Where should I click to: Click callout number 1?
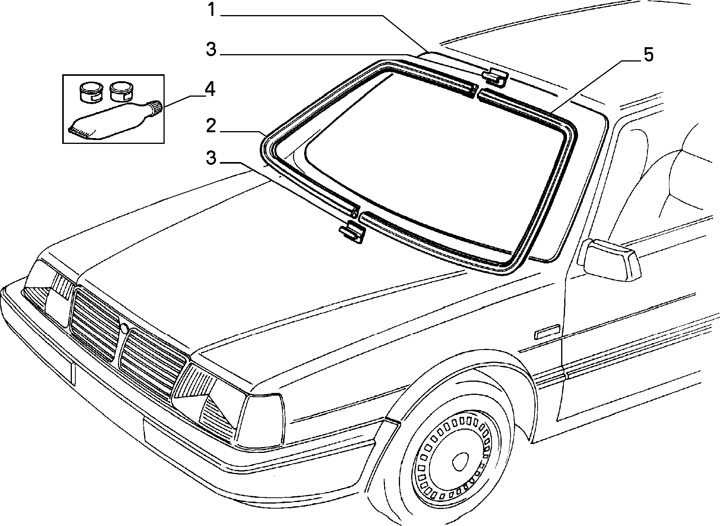(211, 10)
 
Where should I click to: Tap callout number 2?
(211, 126)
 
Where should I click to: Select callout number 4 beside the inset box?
(209, 89)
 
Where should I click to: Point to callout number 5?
(648, 55)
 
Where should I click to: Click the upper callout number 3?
(211, 50)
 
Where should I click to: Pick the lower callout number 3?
(211, 158)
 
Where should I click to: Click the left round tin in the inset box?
(89, 92)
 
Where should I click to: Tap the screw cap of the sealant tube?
(156, 107)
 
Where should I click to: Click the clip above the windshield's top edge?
(494, 77)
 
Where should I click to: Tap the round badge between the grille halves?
(124, 329)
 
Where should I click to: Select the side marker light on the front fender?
(547, 332)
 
